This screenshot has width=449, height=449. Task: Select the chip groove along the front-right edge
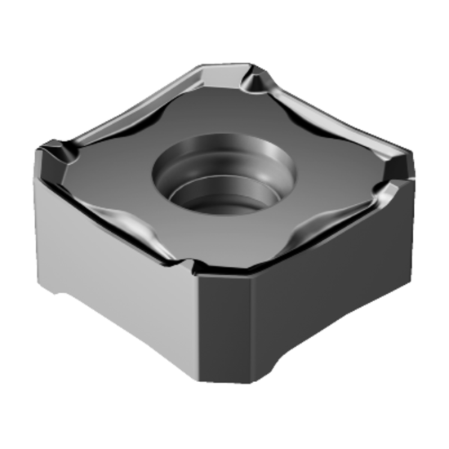pos(310,237)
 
